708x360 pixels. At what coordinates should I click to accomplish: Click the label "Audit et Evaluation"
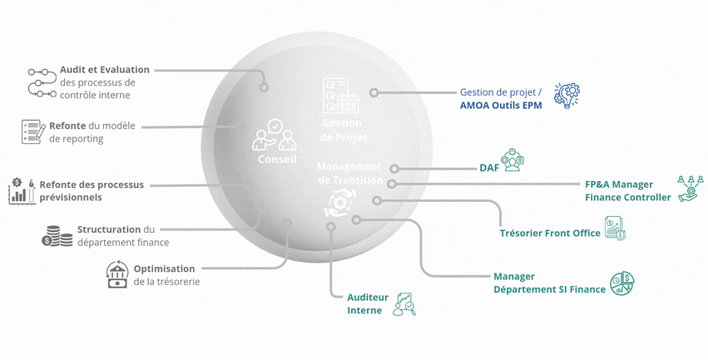105,70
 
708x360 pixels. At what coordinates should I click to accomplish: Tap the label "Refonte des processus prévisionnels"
92,190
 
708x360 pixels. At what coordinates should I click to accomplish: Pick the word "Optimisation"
164,269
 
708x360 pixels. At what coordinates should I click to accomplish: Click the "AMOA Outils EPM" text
501,106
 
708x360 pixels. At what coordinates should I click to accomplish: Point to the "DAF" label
489,168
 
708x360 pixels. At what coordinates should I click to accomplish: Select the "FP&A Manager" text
619,185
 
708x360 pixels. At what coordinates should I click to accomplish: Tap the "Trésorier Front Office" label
550,233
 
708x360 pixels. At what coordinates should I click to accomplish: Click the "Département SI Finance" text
549,289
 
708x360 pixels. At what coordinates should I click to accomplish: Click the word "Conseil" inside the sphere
276,159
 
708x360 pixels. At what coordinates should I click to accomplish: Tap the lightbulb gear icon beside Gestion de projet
567,96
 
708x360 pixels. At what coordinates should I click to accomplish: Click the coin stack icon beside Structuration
57,236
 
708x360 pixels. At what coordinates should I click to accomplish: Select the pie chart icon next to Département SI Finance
622,284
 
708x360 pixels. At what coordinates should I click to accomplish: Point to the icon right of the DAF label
512,160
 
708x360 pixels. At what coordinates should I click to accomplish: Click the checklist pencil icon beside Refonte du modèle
32,131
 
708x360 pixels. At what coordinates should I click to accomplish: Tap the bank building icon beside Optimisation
117,274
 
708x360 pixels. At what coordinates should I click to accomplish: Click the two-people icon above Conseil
275,134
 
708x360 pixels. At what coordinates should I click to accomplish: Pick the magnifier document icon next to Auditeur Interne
404,303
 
